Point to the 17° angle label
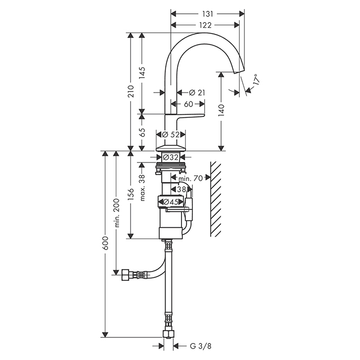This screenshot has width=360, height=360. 255,80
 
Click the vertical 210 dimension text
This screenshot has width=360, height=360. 131,92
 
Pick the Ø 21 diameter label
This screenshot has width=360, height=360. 197,92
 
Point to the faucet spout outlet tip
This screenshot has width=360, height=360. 241,75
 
